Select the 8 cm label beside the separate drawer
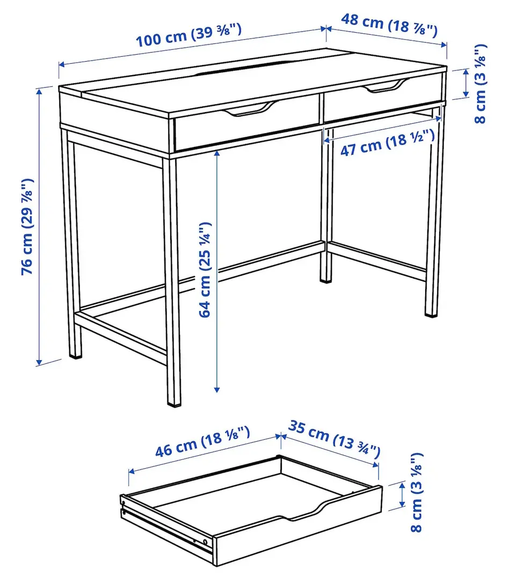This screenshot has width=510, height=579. [417, 493]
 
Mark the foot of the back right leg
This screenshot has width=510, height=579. [432, 311]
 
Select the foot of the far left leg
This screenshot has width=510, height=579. [76, 353]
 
